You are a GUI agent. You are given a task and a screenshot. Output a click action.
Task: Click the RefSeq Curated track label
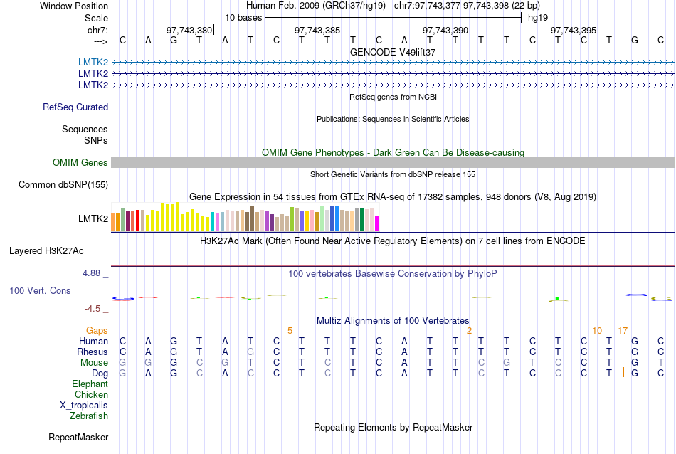(x=75, y=107)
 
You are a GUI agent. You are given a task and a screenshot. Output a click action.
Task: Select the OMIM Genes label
(x=80, y=163)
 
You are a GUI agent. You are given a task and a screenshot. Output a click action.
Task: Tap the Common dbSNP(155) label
(x=63, y=185)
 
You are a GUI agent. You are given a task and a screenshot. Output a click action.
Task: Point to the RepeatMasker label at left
(x=78, y=437)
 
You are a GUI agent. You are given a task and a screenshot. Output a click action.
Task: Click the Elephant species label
(x=90, y=384)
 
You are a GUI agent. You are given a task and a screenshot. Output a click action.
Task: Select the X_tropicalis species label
(x=84, y=405)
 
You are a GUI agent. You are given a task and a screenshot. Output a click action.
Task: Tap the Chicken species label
(x=91, y=394)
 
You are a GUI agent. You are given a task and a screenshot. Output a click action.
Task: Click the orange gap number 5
(x=290, y=331)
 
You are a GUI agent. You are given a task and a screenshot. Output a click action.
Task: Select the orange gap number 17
(x=623, y=331)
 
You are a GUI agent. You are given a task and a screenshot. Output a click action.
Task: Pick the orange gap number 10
(x=597, y=331)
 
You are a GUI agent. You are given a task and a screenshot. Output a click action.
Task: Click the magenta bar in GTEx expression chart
(x=377, y=223)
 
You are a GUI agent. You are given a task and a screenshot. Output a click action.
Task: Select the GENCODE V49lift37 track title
(x=393, y=53)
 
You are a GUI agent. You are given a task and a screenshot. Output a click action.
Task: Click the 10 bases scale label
(x=243, y=17)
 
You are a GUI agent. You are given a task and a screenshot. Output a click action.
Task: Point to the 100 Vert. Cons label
(x=40, y=291)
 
